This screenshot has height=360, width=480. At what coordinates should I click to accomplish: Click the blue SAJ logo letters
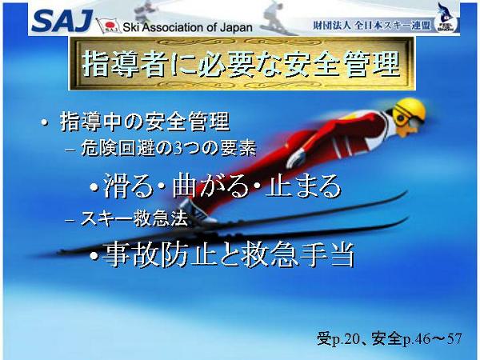tap(62, 21)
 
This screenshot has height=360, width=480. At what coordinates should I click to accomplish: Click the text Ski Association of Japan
tap(187, 27)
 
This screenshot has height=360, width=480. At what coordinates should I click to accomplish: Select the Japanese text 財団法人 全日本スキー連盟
tap(371, 26)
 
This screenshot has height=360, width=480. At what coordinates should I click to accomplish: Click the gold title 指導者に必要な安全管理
tap(242, 64)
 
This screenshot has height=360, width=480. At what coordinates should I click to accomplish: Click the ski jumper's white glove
tap(296, 158)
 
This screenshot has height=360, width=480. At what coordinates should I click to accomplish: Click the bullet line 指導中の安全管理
tap(145, 122)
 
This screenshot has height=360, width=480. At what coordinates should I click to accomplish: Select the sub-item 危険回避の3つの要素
tap(168, 149)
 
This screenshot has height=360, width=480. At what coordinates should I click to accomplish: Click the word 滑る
tap(128, 186)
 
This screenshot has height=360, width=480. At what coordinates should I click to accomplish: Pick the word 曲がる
tap(210, 186)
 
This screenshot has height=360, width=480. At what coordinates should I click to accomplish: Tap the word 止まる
tap(303, 186)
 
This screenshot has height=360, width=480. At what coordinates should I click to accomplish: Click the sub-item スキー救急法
tap(134, 218)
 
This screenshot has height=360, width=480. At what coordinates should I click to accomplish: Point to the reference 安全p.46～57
tap(417, 339)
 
